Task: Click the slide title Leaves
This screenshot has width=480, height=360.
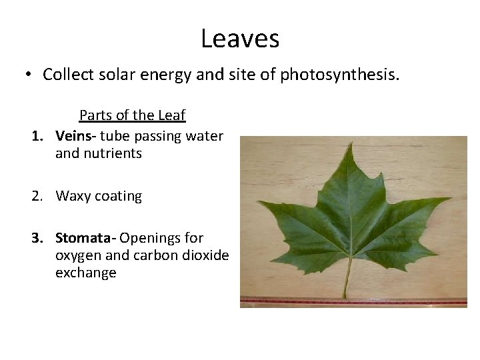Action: (240, 39)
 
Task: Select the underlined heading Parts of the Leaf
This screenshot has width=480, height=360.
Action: (132, 115)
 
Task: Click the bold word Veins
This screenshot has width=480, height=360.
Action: (73, 136)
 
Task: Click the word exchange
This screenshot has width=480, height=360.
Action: (85, 273)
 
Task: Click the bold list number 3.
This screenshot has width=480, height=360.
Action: (37, 238)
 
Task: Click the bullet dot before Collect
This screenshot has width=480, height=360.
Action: (29, 75)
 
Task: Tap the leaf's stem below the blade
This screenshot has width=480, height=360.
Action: (347, 280)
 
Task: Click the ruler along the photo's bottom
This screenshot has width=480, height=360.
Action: (353, 301)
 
